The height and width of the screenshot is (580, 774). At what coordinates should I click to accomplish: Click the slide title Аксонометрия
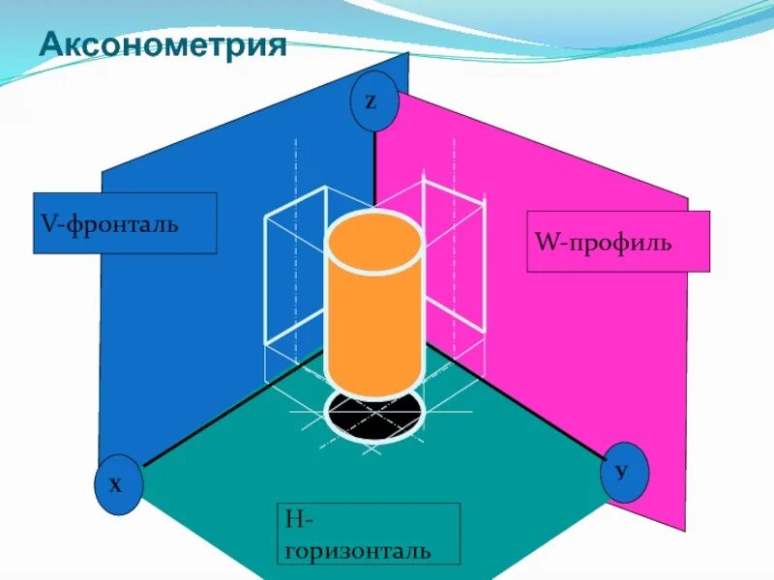(163, 45)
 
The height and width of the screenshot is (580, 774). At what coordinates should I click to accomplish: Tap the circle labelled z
(374, 101)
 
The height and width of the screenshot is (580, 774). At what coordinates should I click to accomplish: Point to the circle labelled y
(623, 471)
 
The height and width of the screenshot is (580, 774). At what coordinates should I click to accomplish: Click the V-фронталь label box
(125, 223)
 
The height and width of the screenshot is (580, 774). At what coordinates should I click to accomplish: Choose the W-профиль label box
(618, 241)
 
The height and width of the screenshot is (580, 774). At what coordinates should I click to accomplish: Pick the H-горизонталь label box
(368, 534)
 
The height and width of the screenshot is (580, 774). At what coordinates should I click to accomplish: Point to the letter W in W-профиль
(544, 241)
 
